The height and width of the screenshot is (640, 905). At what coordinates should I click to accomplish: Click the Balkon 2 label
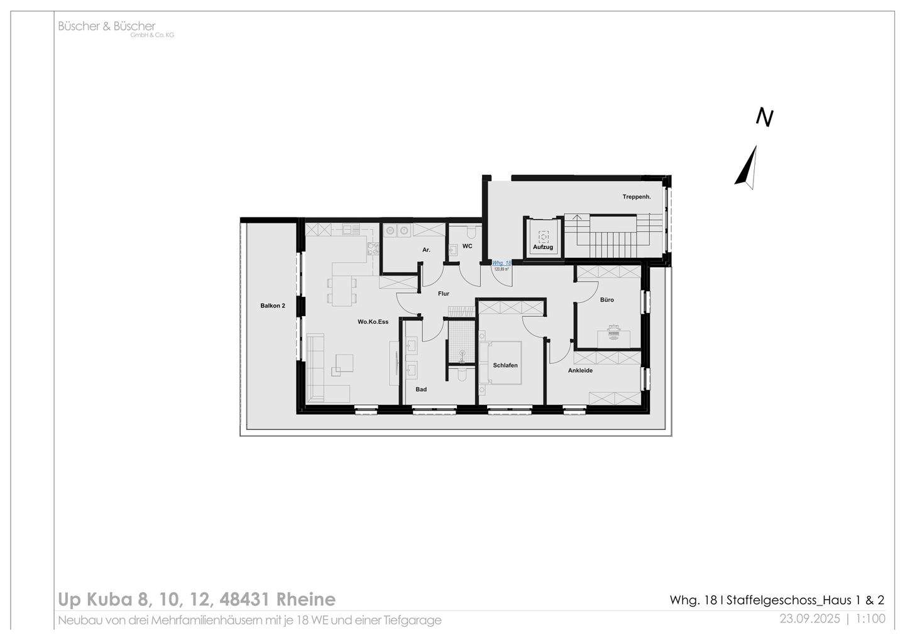pos(273,306)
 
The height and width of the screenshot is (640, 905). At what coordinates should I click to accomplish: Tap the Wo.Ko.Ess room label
pos(373,322)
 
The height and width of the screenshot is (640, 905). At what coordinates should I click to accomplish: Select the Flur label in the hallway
pos(444,294)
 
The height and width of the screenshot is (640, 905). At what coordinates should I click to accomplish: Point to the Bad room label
pos(421,390)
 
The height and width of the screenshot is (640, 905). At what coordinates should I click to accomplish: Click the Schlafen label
pos(505,365)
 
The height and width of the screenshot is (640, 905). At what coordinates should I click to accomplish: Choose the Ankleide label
pos(580,371)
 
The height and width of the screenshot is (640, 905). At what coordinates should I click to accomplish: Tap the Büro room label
pos(606,300)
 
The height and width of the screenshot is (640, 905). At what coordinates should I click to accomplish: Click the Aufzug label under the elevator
pos(543,248)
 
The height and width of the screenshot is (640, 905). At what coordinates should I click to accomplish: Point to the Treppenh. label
pos(636,197)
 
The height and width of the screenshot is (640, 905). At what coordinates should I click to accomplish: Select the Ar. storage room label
pos(426,250)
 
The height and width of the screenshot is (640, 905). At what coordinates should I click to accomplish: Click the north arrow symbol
pos(747,168)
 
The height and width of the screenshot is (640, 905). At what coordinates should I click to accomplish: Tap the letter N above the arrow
pos(764,118)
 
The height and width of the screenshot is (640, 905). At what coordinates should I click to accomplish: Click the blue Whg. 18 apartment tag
pos(502,263)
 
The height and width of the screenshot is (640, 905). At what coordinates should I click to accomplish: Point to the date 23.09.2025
pos(809,619)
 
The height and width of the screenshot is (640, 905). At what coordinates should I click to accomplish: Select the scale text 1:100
pos(870,619)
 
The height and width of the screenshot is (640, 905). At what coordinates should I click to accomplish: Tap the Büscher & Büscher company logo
pos(107,26)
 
